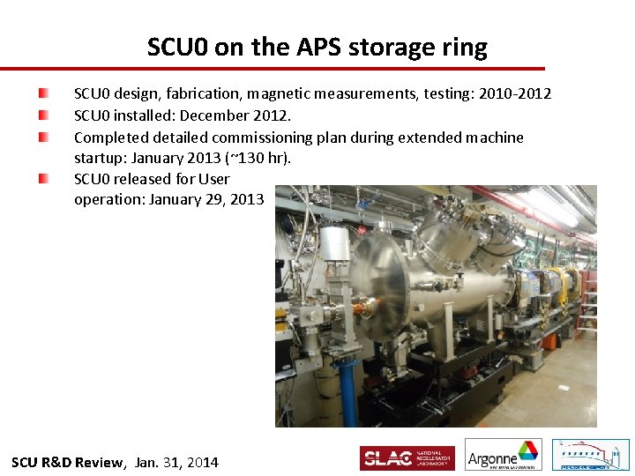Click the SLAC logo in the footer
point(407,457)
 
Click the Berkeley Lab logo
point(590,456)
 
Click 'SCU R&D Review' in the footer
point(69,463)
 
